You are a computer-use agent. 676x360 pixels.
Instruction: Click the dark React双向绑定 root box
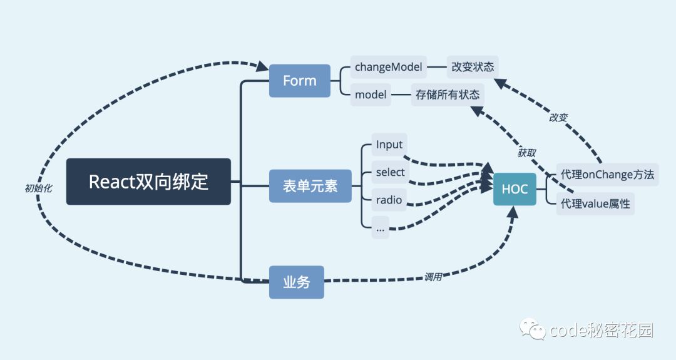[148, 182]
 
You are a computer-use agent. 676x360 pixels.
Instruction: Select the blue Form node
[300, 81]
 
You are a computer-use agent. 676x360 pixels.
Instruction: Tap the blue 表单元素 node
[310, 186]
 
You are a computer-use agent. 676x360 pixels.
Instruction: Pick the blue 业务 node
[296, 282]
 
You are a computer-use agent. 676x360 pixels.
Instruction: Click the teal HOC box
[515, 189]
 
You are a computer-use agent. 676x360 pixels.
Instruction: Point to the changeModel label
[389, 66]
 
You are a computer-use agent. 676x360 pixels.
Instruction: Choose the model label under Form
[371, 95]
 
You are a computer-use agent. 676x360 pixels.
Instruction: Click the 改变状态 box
[473, 67]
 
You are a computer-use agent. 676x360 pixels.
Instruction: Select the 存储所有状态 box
[448, 95]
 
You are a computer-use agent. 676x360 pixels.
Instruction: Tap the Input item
[389, 145]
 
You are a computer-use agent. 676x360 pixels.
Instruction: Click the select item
[390, 173]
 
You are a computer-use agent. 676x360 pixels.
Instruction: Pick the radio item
[389, 200]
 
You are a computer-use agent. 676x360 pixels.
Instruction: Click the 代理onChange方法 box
[607, 175]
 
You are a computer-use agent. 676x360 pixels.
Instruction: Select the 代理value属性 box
[595, 203]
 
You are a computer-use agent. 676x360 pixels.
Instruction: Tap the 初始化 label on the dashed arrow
[38, 187]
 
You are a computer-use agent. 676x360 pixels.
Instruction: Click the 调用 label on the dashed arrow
[433, 276]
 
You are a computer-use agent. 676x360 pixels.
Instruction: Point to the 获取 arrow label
[527, 152]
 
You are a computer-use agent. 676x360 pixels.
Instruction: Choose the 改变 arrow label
[558, 117]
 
